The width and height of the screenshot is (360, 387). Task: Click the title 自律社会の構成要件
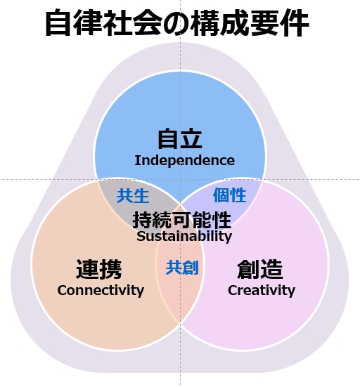177,22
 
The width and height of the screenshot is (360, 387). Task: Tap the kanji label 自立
180,138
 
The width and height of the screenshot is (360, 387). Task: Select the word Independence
185,161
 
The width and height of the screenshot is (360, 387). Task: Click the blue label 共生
133,196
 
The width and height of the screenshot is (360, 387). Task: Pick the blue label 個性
229,195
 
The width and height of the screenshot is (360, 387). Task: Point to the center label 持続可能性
182,220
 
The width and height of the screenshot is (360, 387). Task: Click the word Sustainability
184,237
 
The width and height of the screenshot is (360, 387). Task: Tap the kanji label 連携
99,269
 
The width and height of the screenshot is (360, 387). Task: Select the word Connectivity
101,291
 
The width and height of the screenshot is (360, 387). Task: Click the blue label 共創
182,268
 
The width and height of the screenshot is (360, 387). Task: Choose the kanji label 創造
260,269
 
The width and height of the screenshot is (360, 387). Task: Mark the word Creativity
262,291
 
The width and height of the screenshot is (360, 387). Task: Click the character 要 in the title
264,22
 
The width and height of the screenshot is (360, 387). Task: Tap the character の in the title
177,23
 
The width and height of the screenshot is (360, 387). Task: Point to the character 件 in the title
294,22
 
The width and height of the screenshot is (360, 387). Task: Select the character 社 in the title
118,22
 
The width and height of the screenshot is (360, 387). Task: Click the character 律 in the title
89,22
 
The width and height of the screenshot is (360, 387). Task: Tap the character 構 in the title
205,22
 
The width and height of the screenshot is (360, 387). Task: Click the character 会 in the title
148,22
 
